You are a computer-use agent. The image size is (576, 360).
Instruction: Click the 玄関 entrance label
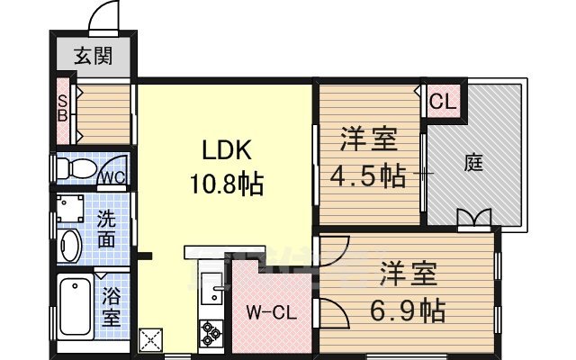click(x=93, y=56)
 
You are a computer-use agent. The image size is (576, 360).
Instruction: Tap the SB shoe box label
click(x=63, y=107)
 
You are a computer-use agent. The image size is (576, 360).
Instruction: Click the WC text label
click(x=112, y=175)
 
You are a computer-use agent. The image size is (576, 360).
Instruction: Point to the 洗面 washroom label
click(x=106, y=229)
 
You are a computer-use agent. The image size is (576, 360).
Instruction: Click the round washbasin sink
click(x=69, y=244)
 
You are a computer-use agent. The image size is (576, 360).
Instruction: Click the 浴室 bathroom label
click(x=112, y=306)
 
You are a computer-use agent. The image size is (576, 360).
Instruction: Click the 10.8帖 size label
click(x=226, y=185)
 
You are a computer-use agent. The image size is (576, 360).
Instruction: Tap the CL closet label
click(x=442, y=100)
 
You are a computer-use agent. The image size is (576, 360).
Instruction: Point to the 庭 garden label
click(x=474, y=164)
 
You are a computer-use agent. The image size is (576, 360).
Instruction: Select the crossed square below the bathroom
click(x=149, y=341)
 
